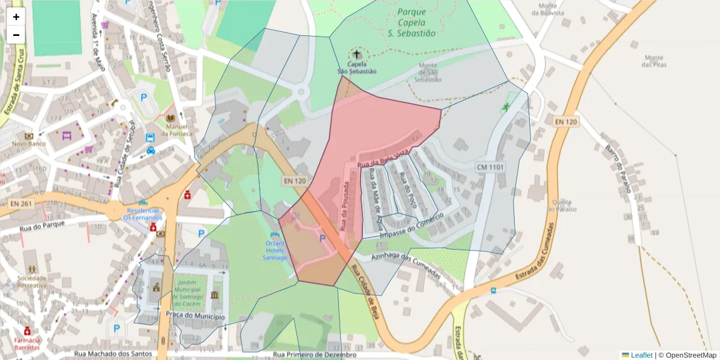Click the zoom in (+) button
(16, 17)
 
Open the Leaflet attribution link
(641, 355)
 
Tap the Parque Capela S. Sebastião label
(416, 23)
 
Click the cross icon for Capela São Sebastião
(358, 54)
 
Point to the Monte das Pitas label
(653, 61)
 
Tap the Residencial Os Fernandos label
(143, 214)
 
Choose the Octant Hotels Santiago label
(275, 250)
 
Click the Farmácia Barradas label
(27, 344)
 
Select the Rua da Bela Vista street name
(384, 158)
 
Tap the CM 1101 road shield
(490, 166)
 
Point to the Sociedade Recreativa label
(32, 282)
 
